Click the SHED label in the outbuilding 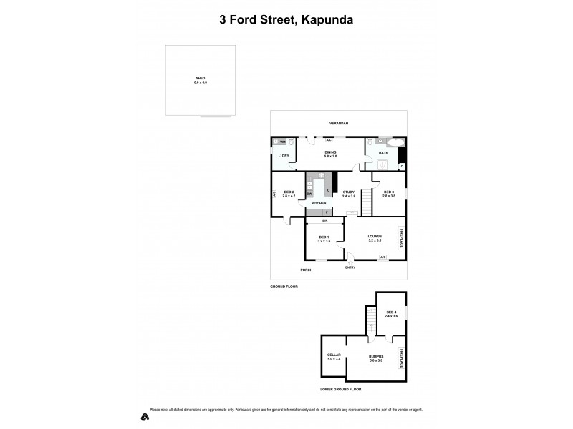click(x=200, y=78)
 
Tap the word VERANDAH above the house click(x=338, y=124)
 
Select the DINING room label click(x=330, y=152)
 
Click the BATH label click(x=383, y=152)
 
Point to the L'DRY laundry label click(x=284, y=155)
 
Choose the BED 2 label click(x=289, y=192)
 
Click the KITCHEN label click(x=319, y=203)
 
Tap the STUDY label click(x=349, y=192)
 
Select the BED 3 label click(x=389, y=192)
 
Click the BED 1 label click(x=324, y=237)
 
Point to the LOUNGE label click(x=375, y=236)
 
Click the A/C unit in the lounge click(x=382, y=257)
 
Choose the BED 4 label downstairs click(x=391, y=312)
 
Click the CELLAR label click(x=334, y=355)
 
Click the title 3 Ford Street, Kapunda click(x=286, y=20)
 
